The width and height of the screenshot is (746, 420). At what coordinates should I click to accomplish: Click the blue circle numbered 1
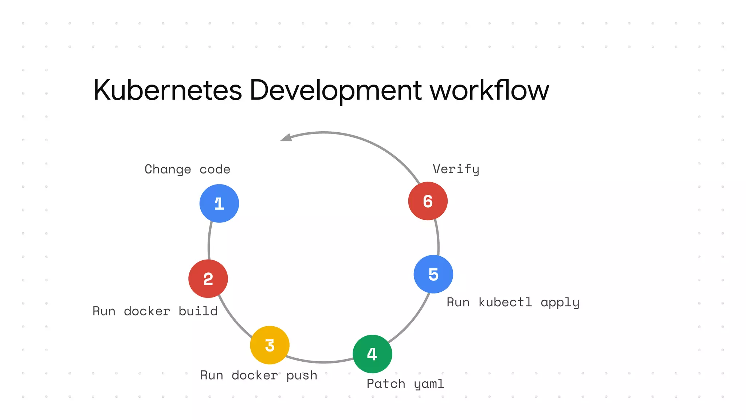click(x=219, y=203)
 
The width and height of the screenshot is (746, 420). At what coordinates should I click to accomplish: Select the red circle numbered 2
click(x=208, y=279)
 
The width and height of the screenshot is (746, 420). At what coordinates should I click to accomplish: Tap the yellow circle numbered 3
click(x=270, y=345)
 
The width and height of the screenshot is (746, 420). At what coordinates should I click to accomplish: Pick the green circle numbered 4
click(x=372, y=354)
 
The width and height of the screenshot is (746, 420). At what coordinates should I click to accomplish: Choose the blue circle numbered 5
click(x=433, y=274)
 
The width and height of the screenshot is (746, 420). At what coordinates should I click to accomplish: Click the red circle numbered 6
click(x=428, y=201)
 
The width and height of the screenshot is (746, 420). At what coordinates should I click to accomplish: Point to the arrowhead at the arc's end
click(x=286, y=138)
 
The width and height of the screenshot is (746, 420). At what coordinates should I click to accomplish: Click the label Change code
click(x=187, y=170)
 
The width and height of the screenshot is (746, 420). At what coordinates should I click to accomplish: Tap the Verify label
click(x=456, y=170)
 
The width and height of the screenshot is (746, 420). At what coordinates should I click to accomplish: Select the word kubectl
click(x=505, y=303)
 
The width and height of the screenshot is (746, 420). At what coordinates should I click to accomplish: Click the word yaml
click(x=429, y=384)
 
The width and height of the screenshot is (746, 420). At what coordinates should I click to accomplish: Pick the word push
click(x=302, y=376)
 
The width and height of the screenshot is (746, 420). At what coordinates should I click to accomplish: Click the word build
click(x=198, y=311)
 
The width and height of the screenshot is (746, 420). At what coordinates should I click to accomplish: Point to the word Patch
click(x=386, y=384)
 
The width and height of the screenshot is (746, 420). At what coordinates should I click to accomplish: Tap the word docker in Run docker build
click(x=147, y=311)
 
